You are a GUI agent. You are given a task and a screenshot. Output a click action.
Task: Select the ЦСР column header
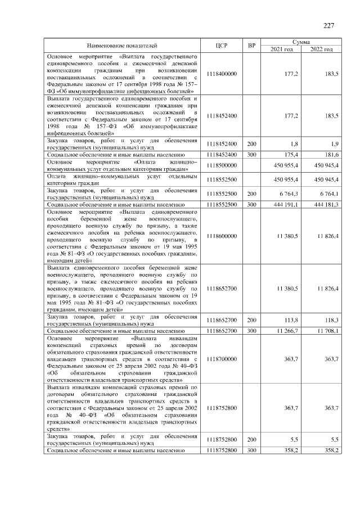click(221, 46)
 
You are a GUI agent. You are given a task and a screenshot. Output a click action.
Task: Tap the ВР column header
click(251, 46)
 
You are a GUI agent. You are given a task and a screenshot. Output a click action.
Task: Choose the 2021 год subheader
click(282, 49)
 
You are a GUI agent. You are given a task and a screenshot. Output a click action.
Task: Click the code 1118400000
click(222, 74)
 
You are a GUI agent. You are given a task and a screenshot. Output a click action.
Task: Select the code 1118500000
click(222, 165)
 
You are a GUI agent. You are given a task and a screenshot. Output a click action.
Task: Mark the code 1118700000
click(222, 358)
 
